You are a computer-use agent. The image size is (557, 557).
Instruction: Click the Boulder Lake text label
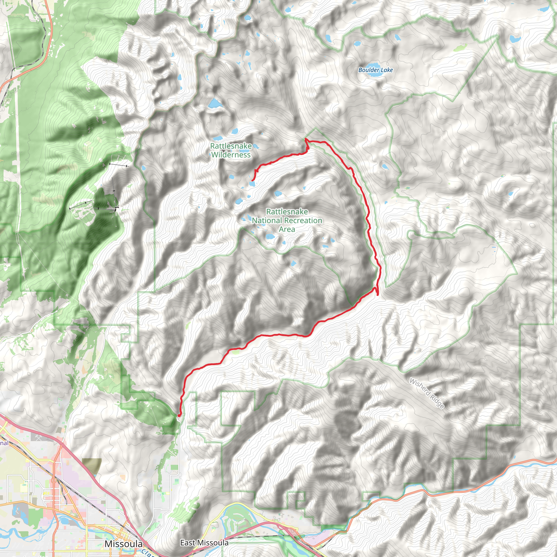tap(375, 70)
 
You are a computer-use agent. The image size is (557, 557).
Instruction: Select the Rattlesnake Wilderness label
tap(231, 150)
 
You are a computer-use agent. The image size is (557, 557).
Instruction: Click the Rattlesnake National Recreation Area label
tap(287, 220)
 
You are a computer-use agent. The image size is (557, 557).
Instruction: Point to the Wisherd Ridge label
tap(427, 393)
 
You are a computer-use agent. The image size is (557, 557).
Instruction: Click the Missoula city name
tap(123, 544)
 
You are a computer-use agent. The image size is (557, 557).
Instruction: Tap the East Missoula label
tap(204, 543)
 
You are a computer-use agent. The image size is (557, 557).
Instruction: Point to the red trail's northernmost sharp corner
tap(306, 139)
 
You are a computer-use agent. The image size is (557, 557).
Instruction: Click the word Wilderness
tap(231, 155)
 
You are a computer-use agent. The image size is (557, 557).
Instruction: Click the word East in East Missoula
tap(187, 543)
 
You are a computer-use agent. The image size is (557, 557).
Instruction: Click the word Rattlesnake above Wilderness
tap(231, 146)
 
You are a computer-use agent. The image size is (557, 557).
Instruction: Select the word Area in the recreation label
tap(287, 229)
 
